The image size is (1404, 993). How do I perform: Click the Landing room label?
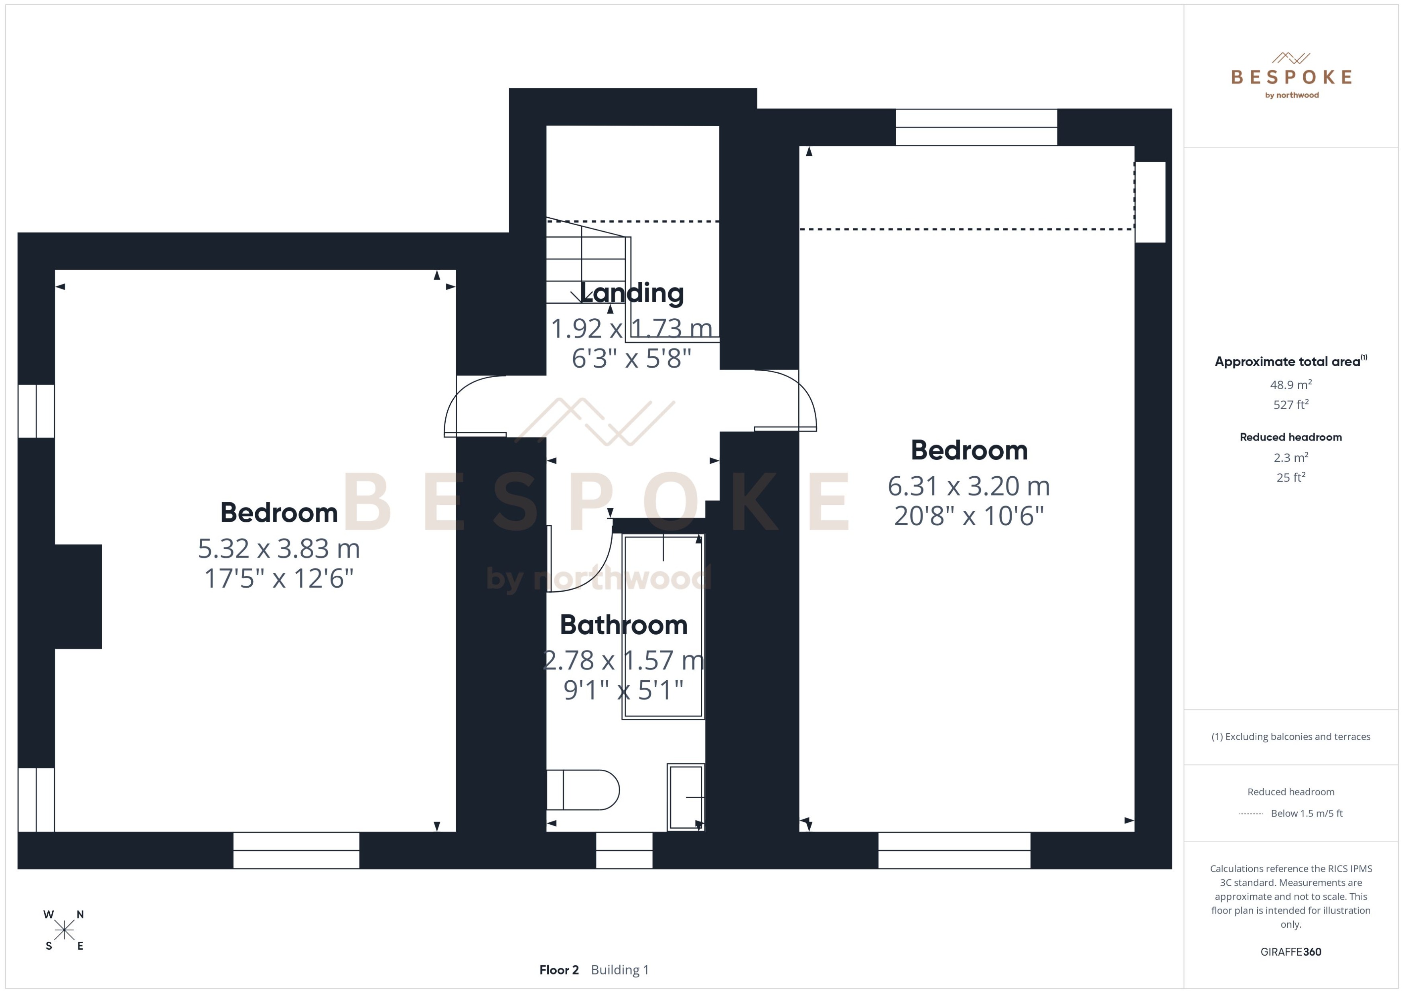(631, 293)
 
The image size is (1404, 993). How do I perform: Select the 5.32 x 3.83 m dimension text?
(278, 548)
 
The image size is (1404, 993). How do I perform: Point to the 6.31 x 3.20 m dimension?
(968, 486)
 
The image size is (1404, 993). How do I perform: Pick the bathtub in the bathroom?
(663, 626)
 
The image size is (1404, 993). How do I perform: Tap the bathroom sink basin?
(685, 797)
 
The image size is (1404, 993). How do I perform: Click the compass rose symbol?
(64, 930)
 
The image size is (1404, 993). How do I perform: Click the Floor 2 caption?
(558, 970)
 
